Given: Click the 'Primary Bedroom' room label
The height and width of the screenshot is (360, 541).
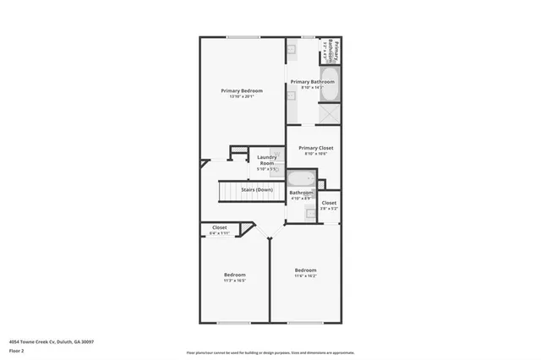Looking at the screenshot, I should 242,90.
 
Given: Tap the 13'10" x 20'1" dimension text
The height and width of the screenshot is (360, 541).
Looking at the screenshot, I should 242,96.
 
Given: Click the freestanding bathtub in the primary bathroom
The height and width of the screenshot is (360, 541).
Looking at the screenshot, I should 329,86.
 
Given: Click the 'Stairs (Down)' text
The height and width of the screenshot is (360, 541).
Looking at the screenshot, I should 256,190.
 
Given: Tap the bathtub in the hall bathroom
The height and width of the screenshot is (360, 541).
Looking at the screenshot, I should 299,178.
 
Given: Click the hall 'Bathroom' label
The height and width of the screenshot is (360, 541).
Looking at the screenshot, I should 301,194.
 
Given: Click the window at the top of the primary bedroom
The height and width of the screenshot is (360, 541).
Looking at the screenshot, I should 242,36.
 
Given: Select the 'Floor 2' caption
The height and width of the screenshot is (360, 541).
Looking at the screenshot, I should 18,349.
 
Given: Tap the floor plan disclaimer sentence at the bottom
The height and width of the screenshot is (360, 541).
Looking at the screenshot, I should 270,352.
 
